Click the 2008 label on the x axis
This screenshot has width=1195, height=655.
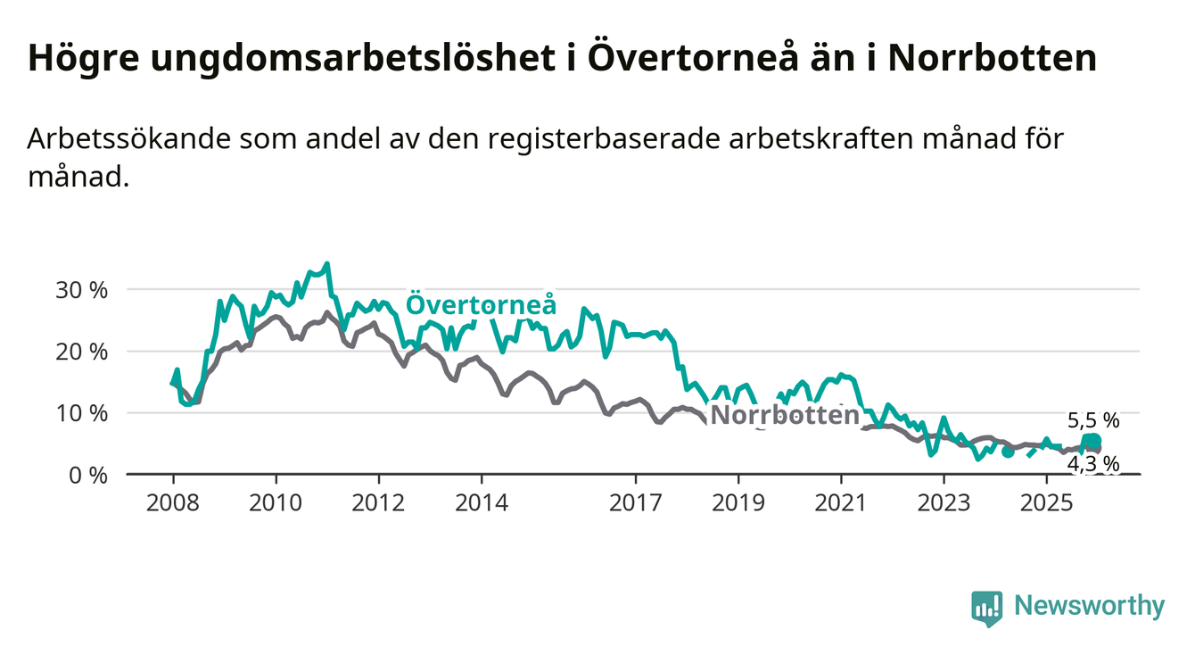(x=173, y=502)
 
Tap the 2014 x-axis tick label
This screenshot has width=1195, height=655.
(x=482, y=502)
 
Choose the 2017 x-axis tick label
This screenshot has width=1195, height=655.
(x=636, y=502)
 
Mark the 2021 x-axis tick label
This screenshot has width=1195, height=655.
(x=842, y=502)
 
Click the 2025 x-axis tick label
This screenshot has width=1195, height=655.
(x=1047, y=502)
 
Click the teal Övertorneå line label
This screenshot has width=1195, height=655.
(x=482, y=305)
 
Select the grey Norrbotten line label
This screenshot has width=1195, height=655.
(x=785, y=416)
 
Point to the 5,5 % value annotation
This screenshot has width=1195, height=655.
(x=1092, y=421)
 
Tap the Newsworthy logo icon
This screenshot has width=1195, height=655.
(x=987, y=608)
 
